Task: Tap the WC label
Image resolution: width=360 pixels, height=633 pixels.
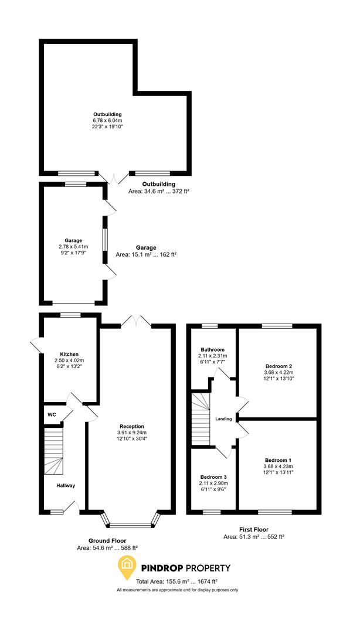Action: tap(52, 414)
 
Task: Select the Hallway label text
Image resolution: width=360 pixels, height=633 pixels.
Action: tap(66, 485)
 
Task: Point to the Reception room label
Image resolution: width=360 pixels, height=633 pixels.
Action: tap(131, 426)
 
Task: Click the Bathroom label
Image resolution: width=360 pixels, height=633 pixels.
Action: tap(212, 349)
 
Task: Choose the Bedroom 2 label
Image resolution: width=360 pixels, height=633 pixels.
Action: tap(279, 366)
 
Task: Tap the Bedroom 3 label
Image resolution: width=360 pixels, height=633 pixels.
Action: tap(212, 477)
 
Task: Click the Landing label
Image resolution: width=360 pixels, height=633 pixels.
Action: tap(223, 418)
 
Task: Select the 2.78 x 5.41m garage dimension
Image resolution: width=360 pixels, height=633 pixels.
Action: tap(73, 247)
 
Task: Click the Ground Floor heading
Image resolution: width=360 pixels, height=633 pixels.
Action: tap(107, 540)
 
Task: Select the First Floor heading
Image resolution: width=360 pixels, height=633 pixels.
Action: tap(254, 529)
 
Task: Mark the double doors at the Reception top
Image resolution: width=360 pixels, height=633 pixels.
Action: tap(136, 322)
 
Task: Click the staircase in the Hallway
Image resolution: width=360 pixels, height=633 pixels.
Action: tap(53, 450)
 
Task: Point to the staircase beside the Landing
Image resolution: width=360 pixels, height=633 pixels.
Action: tap(201, 418)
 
